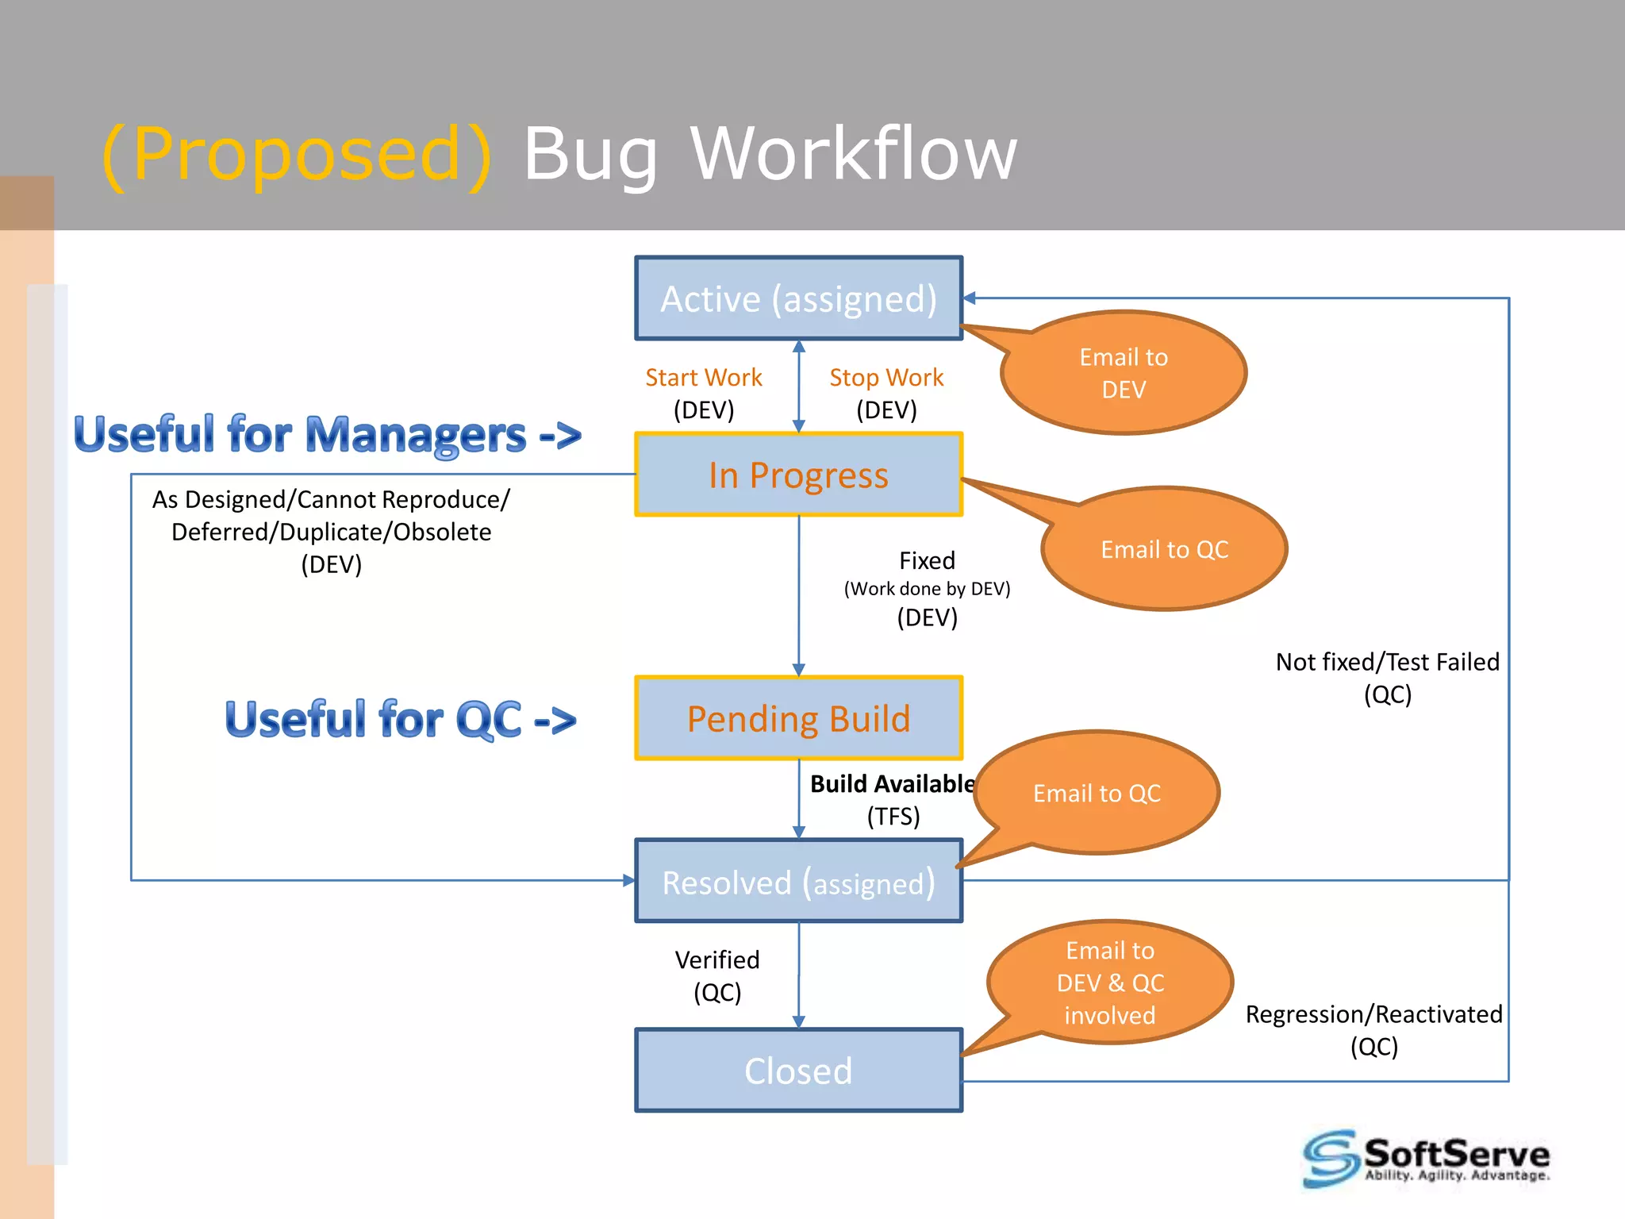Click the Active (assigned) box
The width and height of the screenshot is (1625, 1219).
[798, 299]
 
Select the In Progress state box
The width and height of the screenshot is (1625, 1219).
[798, 475]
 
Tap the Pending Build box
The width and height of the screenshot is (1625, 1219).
[798, 719]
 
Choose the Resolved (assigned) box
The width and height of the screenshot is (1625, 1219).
[798, 882]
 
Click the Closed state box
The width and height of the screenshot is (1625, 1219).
[798, 1071]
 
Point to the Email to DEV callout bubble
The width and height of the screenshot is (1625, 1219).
[1124, 373]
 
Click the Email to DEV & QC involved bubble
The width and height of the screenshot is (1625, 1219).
[1110, 983]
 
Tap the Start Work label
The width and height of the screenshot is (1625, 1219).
[703, 378]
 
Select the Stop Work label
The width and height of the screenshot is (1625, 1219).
[886, 378]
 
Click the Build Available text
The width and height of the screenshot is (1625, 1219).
[892, 784]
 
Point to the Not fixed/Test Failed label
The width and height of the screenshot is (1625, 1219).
[1387, 662]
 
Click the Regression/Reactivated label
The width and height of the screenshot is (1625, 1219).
[1373, 1014]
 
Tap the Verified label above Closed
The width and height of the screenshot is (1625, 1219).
[717, 960]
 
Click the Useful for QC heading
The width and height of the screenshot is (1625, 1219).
[400, 720]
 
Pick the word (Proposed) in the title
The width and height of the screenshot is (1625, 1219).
[297, 153]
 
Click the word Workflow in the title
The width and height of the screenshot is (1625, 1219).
[853, 153]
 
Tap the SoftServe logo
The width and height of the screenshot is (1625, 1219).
[1426, 1159]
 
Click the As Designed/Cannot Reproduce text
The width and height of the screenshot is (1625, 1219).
[331, 500]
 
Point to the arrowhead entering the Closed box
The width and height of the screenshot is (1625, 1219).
[798, 1022]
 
